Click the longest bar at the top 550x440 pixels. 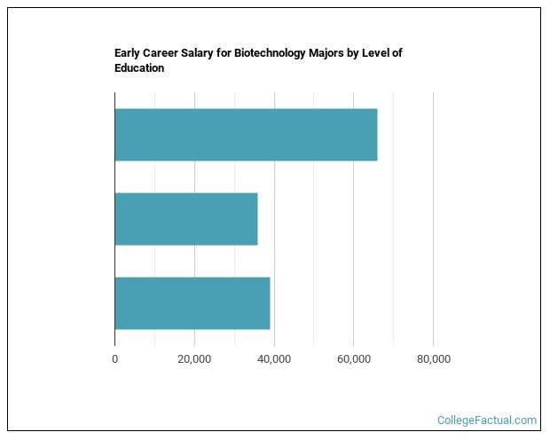click(x=246, y=135)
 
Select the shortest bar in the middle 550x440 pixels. click(x=186, y=219)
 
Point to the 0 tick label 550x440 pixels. click(x=114, y=359)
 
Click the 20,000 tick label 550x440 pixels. click(x=194, y=359)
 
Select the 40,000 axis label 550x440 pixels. click(x=274, y=359)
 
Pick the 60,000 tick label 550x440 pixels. click(x=353, y=359)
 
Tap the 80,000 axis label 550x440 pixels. click(x=433, y=359)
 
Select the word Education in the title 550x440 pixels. click(x=139, y=68)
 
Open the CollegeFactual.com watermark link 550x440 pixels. click(x=487, y=420)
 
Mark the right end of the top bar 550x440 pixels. click(x=377, y=135)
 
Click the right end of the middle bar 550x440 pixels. click(x=257, y=219)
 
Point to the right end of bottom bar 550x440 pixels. click(x=270, y=303)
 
